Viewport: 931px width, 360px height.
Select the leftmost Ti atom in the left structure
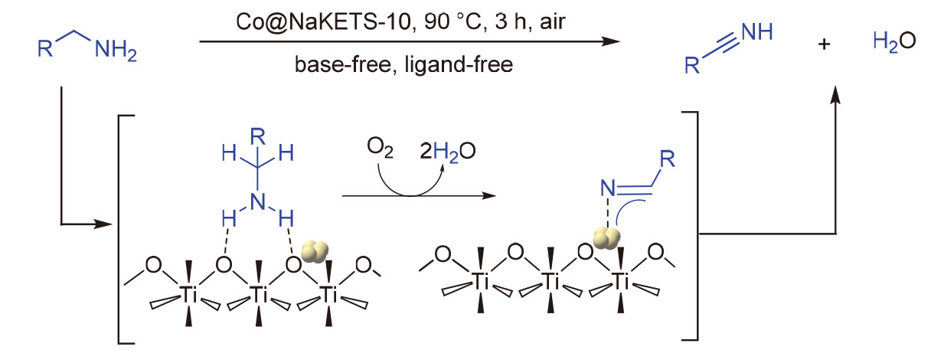click(187, 292)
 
